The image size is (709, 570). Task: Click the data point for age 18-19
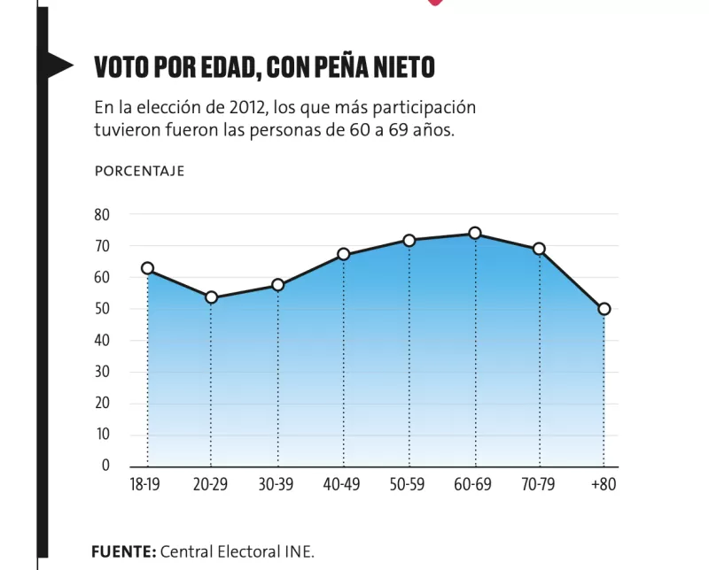click(x=147, y=268)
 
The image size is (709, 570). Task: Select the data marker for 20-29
click(x=211, y=297)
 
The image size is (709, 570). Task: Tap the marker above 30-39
click(x=277, y=285)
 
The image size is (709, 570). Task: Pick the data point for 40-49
click(x=343, y=255)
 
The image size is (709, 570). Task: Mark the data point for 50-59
click(x=409, y=241)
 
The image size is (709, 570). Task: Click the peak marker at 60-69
click(x=475, y=234)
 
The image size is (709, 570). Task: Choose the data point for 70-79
click(x=539, y=249)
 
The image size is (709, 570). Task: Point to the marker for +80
click(x=604, y=309)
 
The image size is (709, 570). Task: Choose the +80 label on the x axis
click(x=604, y=485)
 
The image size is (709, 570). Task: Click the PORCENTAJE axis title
click(x=139, y=172)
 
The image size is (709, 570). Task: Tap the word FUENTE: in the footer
click(x=123, y=551)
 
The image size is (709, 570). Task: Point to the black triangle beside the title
click(x=58, y=62)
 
